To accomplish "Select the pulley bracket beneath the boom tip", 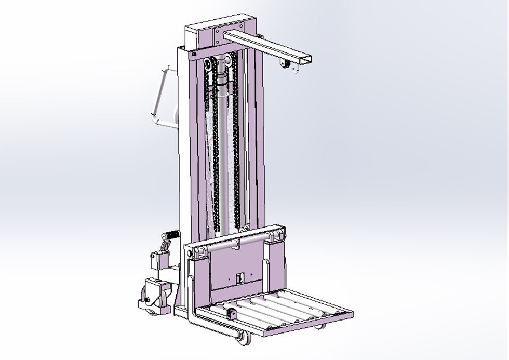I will [x=284, y=64].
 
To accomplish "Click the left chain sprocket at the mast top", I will [x=209, y=65].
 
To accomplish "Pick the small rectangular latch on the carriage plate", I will [x=239, y=278].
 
